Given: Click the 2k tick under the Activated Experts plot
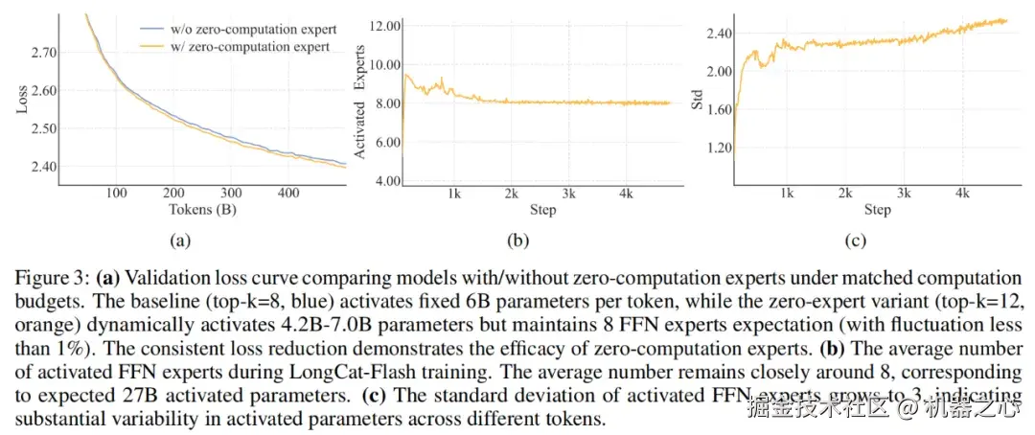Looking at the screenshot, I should (513, 193).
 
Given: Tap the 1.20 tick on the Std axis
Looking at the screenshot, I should (719, 149).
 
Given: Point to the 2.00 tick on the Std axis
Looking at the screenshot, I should (719, 72).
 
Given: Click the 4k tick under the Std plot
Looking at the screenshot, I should (960, 193).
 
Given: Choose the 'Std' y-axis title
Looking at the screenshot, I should (698, 100).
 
